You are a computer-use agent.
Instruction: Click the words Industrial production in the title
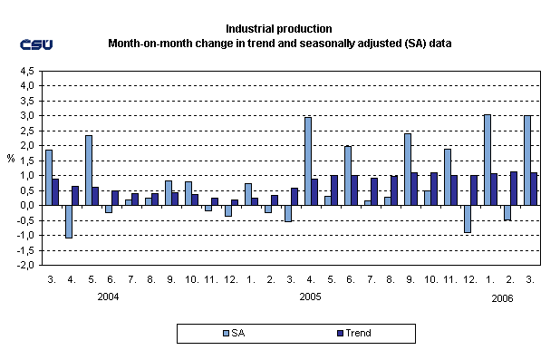(x=280, y=29)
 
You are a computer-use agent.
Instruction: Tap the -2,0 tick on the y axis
(x=24, y=265)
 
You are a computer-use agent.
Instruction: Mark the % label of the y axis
(x=11, y=159)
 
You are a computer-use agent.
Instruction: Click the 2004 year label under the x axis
(x=108, y=297)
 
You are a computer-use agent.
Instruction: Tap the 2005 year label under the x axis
(x=311, y=297)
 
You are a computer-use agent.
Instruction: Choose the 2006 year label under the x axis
(x=504, y=297)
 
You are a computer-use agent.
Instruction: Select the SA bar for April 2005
(x=308, y=161)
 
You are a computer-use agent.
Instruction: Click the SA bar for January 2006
(x=488, y=160)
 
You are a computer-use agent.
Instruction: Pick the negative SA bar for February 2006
(x=507, y=212)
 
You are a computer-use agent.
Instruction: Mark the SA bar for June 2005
(x=348, y=175)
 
